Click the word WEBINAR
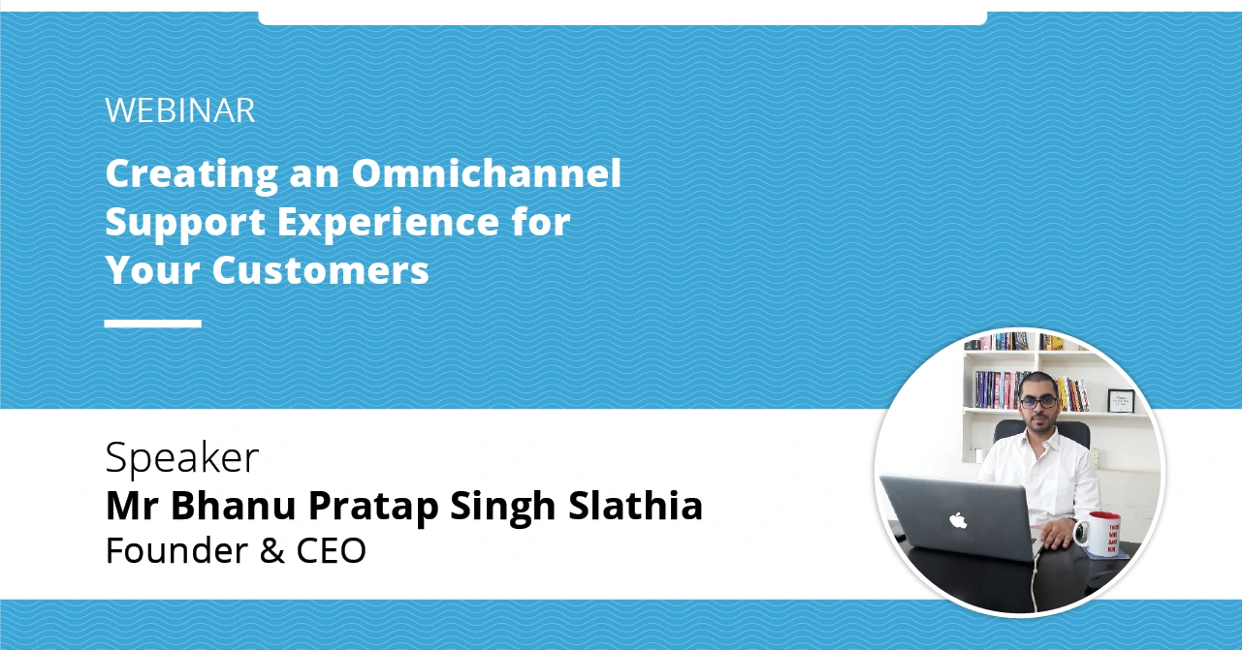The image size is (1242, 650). (x=180, y=110)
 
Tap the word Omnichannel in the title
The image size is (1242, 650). (x=487, y=172)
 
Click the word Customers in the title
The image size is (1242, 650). (x=321, y=270)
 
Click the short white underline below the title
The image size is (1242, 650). (x=153, y=324)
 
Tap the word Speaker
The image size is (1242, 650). (x=182, y=458)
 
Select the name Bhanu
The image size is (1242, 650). (x=233, y=506)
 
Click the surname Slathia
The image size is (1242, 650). (x=636, y=506)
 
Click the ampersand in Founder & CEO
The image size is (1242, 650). (x=272, y=550)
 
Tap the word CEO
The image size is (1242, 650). (x=331, y=550)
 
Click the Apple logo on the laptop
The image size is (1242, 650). (x=958, y=520)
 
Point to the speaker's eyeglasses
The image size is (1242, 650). (x=1037, y=402)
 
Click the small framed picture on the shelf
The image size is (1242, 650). (x=1121, y=401)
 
